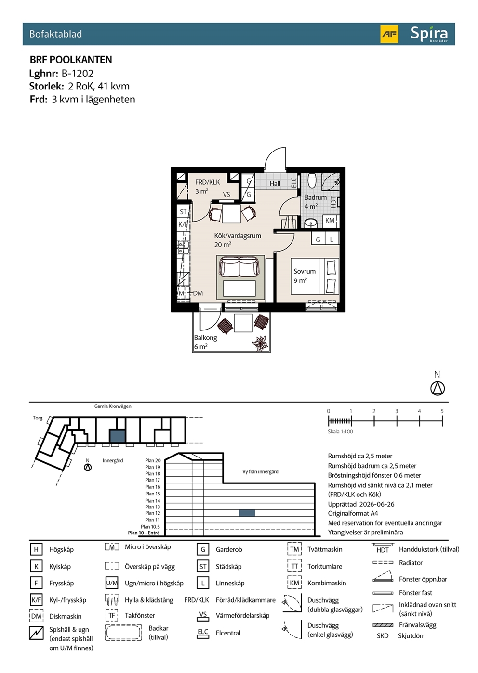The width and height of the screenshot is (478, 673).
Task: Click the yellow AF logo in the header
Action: [389, 34]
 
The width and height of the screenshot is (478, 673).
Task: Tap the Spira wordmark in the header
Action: [429, 34]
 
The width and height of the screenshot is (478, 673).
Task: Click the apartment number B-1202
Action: [78, 73]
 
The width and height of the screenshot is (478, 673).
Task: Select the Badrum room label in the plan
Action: [315, 197]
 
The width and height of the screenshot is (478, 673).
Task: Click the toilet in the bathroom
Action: [312, 180]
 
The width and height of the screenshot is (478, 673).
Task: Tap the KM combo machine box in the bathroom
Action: [330, 221]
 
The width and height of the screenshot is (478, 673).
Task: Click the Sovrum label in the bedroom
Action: [305, 271]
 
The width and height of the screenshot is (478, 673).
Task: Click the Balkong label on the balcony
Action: [206, 337]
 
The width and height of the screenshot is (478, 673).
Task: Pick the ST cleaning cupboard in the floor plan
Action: [183, 212]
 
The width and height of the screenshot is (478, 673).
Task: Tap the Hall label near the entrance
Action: [275, 183]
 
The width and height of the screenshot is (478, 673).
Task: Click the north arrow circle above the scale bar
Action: [438, 389]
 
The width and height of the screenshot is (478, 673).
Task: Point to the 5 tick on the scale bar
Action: [442, 421]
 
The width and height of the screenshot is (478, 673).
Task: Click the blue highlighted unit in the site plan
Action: [117, 436]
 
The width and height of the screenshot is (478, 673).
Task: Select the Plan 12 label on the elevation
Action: [153, 513]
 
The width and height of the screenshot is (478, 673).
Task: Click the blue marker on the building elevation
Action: [247, 513]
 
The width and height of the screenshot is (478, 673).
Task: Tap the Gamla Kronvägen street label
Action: [113, 406]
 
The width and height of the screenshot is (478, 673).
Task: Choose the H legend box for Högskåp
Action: [36, 549]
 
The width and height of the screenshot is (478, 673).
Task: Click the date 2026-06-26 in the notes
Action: [376, 504]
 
